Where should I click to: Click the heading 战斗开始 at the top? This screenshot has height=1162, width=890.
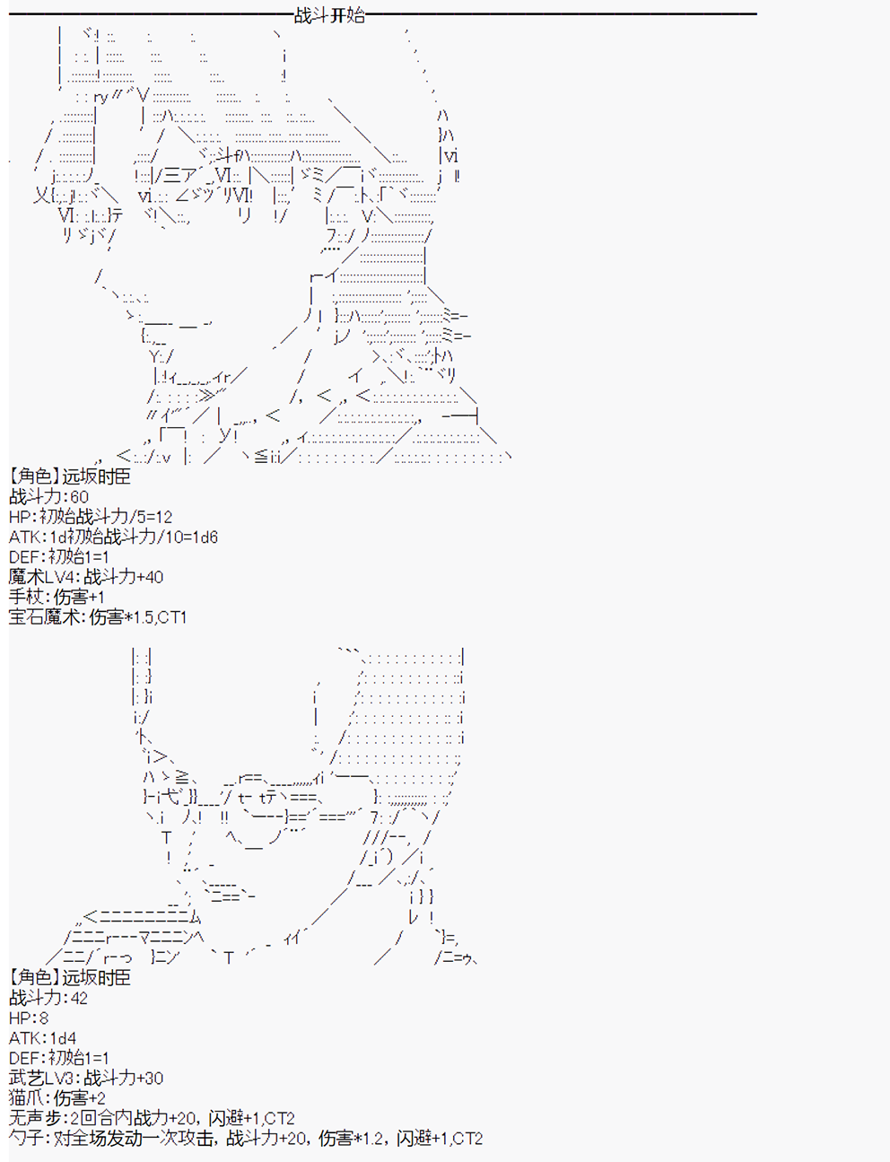329,15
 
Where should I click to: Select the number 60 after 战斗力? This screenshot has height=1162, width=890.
79,497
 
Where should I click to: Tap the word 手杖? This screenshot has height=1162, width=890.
26,597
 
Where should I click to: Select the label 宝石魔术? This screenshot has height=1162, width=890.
43,617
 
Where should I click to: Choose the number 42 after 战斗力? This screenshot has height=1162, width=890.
79,998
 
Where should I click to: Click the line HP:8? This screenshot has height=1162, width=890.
29,1018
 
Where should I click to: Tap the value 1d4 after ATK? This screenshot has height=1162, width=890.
63,1038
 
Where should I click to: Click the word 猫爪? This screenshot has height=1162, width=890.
26,1098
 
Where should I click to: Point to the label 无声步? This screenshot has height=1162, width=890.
34,1118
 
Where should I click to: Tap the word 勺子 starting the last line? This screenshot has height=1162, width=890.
26,1139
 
